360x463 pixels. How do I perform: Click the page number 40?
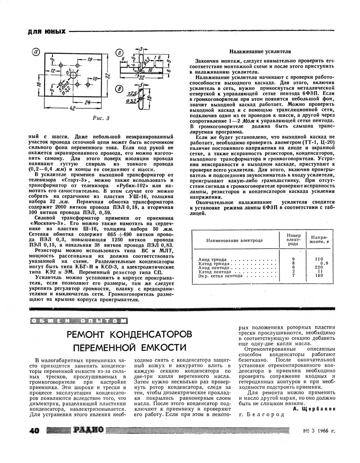(x=36, y=430)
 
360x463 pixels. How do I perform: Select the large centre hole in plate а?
(x=73, y=76)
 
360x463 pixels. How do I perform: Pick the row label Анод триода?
(x=212, y=259)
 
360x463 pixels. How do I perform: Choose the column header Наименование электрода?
(x=234, y=240)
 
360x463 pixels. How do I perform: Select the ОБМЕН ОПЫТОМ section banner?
(x=78, y=320)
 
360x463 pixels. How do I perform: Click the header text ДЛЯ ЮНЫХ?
(x=47, y=32)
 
